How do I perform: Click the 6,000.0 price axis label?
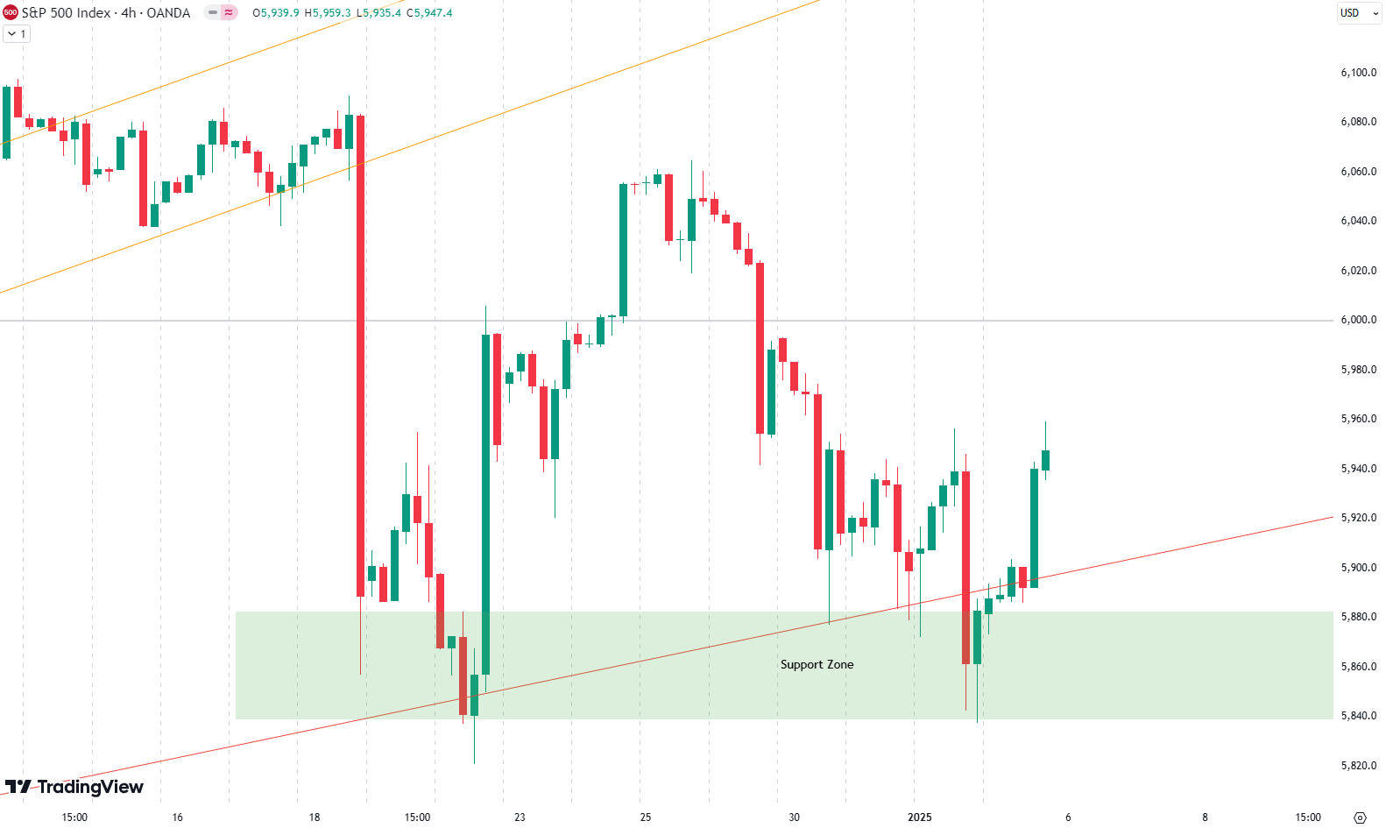[1358, 320]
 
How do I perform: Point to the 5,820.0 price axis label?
[1358, 766]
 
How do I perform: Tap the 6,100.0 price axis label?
[1358, 73]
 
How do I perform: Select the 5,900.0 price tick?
[1358, 568]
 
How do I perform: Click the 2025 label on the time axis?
[920, 817]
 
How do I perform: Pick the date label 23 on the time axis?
[520, 817]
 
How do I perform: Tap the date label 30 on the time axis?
[794, 817]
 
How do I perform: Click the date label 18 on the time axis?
[315, 817]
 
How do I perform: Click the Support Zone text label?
[817, 664]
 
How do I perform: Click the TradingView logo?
[74, 787]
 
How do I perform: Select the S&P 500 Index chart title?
[105, 13]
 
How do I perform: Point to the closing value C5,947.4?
[429, 13]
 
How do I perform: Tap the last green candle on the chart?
[1046, 460]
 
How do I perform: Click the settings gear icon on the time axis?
[1360, 817]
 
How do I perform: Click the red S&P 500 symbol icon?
[11, 13]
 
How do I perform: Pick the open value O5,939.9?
[275, 13]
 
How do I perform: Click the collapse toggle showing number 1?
[17, 33]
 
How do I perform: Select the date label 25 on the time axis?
[646, 817]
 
